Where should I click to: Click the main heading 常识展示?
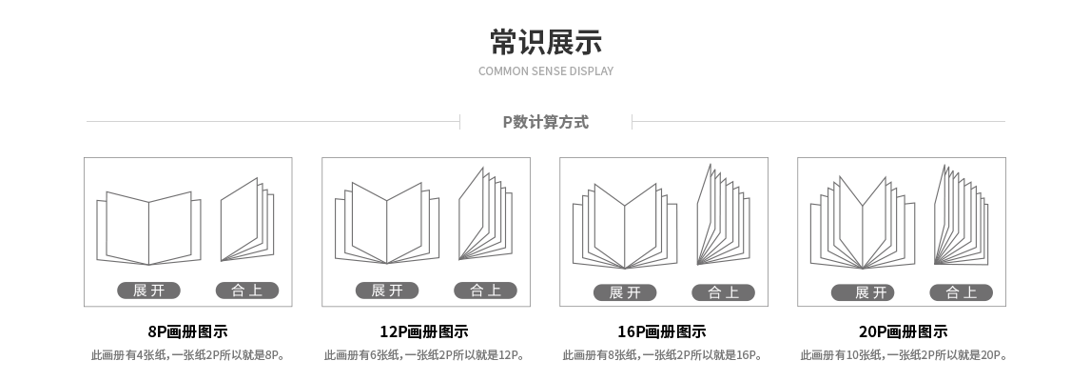click(x=545, y=42)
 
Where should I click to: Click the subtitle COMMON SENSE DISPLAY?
click(x=545, y=71)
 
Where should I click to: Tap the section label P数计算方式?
click(x=545, y=122)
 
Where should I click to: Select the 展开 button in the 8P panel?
click(x=148, y=291)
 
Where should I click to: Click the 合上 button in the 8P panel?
click(x=247, y=291)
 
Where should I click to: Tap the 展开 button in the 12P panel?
click(x=386, y=291)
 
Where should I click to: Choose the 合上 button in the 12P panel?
click(x=485, y=291)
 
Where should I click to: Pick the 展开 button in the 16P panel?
click(x=625, y=292)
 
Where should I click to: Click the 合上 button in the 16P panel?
click(x=723, y=292)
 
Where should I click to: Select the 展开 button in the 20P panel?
click(x=863, y=292)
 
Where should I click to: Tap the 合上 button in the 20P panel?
click(x=961, y=292)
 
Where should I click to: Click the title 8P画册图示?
click(x=187, y=332)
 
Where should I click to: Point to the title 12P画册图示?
click(x=424, y=332)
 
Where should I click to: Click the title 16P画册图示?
click(x=662, y=332)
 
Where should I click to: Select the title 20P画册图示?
click(x=903, y=332)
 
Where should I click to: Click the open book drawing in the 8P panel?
click(x=148, y=229)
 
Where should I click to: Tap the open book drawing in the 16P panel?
click(x=625, y=227)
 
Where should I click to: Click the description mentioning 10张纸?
click(x=903, y=356)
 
